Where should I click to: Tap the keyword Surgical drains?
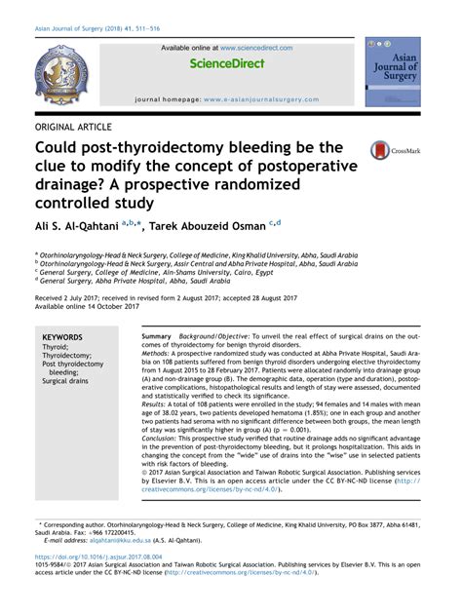click(x=67, y=381)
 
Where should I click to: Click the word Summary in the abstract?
click(x=156, y=335)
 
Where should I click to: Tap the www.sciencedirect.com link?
click(x=255, y=47)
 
